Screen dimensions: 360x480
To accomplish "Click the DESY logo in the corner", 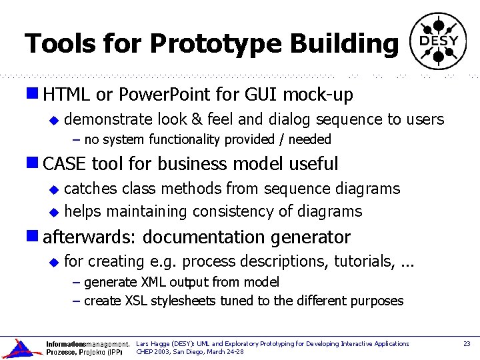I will tap(438, 41).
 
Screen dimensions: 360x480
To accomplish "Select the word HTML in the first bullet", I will tap(67, 95).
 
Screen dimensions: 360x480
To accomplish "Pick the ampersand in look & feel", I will tap(197, 120).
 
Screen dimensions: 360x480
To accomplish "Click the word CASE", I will tap(65, 163).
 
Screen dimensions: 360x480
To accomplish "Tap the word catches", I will tap(91, 189).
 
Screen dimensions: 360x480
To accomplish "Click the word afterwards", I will tap(90, 237).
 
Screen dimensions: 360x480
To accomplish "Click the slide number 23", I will tap(467, 344).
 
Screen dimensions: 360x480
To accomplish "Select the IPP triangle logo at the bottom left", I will tap(22, 348).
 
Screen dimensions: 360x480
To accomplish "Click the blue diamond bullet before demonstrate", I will tap(55, 121).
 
